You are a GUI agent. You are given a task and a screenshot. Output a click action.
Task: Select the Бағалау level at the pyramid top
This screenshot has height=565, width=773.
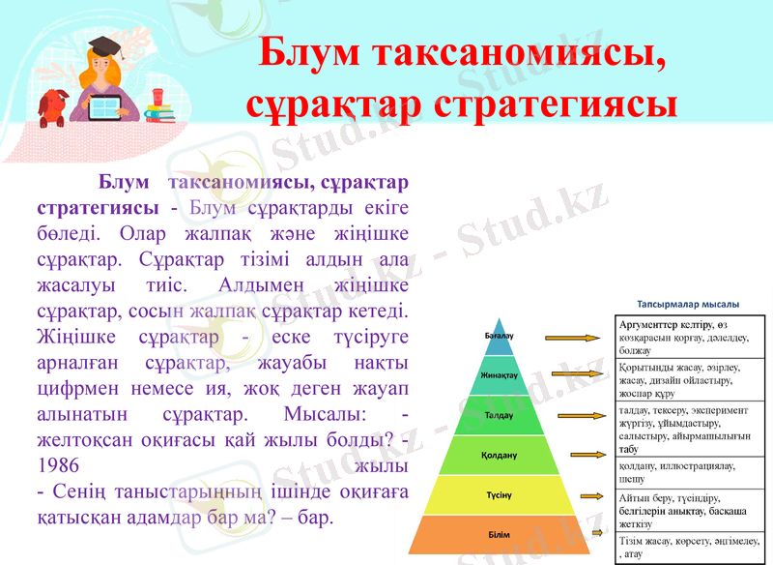pos(499,336)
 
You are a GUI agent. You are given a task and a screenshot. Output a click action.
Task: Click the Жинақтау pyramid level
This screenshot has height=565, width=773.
pos(499,374)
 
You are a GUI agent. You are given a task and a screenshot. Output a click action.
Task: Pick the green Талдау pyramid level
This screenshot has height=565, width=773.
pos(499,414)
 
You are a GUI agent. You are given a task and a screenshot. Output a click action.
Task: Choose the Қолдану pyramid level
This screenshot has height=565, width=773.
pos(499,454)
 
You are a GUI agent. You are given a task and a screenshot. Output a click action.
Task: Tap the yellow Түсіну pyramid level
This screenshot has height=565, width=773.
pos(499,494)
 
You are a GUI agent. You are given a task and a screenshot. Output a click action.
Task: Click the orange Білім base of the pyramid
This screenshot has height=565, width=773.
pos(499,534)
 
